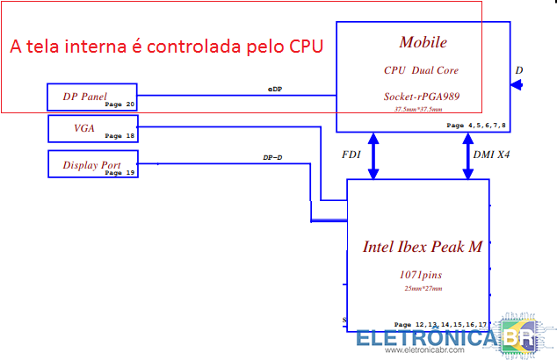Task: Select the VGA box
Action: [x=91, y=128]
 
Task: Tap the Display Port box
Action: [x=91, y=164]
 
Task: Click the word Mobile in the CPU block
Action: [x=423, y=42]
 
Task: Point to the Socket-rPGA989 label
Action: [x=423, y=96]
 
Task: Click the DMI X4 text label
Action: [x=493, y=154]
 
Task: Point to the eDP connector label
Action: [x=275, y=89]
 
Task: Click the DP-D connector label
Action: [x=272, y=158]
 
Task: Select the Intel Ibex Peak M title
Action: [x=422, y=247]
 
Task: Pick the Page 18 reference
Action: [x=119, y=136]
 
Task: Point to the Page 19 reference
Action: [x=119, y=172]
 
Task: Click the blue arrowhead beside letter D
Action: [x=517, y=85]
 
